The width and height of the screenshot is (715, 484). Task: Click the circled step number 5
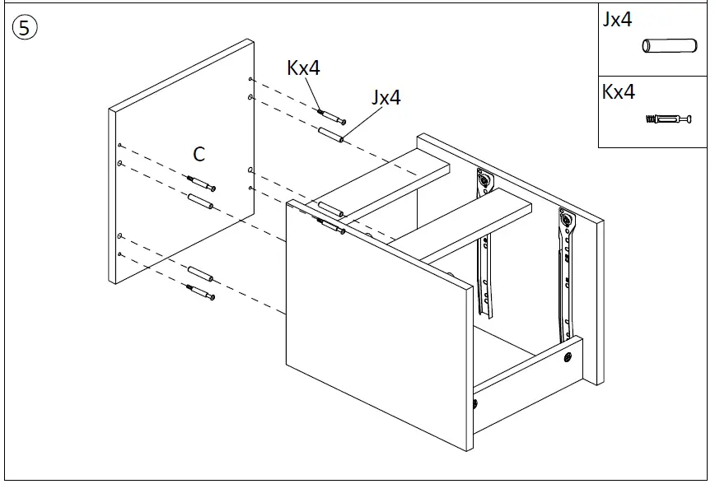pyautogui.click(x=25, y=28)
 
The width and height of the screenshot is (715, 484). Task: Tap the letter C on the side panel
pyautogui.click(x=199, y=154)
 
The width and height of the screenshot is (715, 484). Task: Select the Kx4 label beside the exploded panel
pyautogui.click(x=303, y=67)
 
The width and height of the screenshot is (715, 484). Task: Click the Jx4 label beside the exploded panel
pyautogui.click(x=386, y=97)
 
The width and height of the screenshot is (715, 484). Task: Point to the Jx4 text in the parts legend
pyautogui.click(x=618, y=20)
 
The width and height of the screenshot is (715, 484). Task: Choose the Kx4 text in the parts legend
pyautogui.click(x=619, y=91)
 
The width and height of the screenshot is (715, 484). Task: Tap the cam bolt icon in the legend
pyautogui.click(x=666, y=119)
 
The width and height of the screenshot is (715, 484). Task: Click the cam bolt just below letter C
pyautogui.click(x=200, y=182)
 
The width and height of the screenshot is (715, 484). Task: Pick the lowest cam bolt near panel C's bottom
pyautogui.click(x=200, y=291)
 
